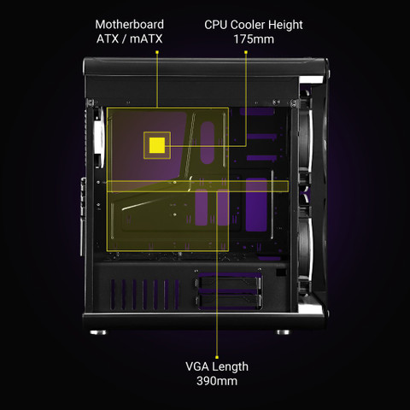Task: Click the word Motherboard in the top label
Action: (130, 25)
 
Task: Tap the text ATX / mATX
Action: (130, 39)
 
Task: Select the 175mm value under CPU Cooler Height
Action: (254, 39)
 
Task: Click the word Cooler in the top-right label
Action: (248, 25)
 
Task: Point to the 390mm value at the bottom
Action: (217, 381)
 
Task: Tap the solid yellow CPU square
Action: (157, 145)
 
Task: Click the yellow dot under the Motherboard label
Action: (157, 52)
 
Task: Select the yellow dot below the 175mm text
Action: (246, 52)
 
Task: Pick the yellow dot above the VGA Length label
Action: (217, 357)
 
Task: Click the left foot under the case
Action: (98, 332)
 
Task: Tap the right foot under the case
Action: (284, 332)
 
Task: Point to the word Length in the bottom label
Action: (231, 366)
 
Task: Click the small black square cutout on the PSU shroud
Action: (281, 272)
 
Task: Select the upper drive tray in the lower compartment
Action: (228, 283)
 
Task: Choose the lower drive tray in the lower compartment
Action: (228, 302)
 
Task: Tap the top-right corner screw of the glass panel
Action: (293, 102)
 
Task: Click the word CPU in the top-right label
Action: (216, 25)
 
